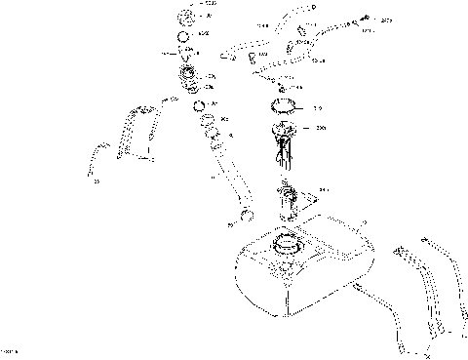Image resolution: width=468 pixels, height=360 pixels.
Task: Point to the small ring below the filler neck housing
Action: (199, 105)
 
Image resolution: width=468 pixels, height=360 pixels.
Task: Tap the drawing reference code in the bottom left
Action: (11, 350)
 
